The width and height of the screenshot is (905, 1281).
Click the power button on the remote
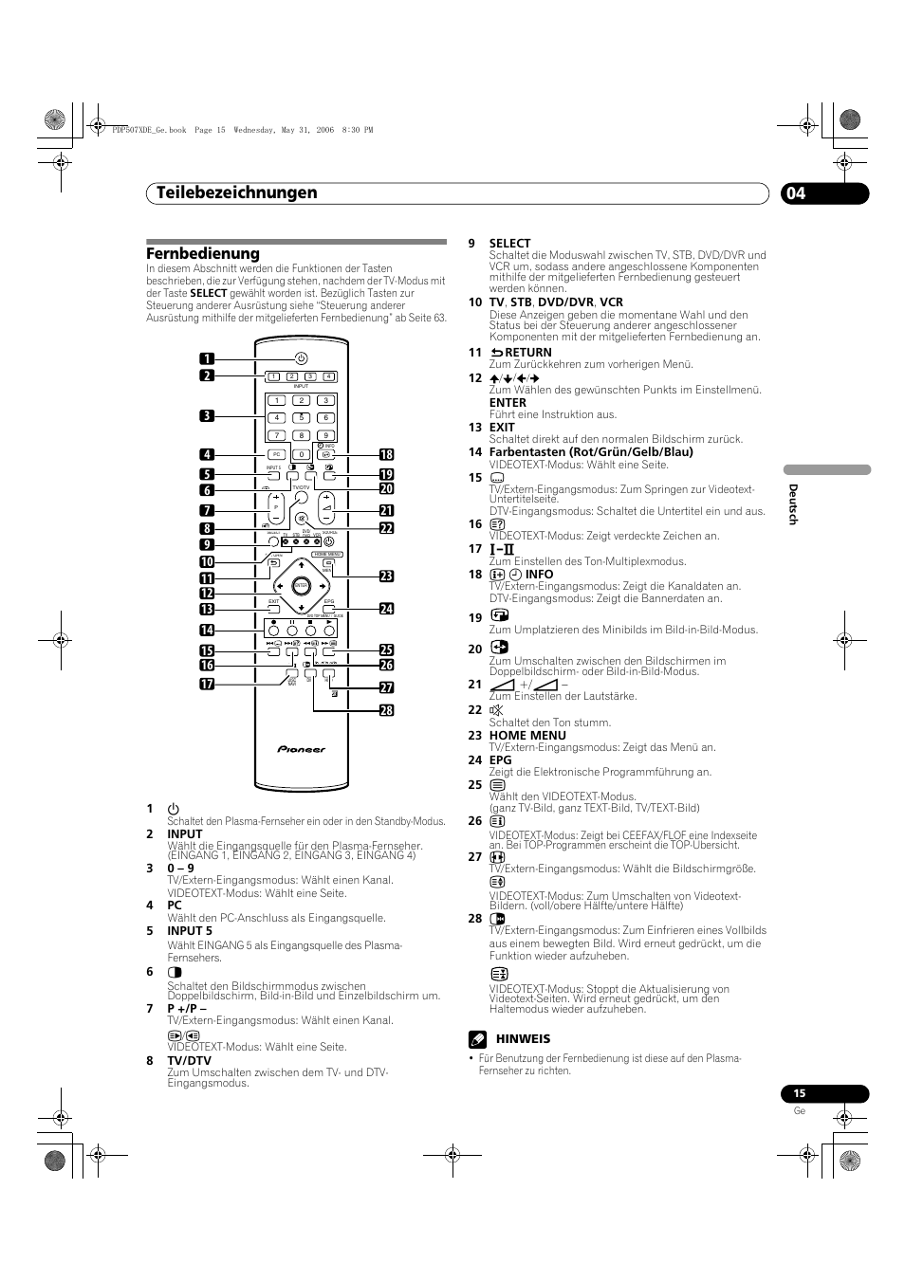click(x=301, y=358)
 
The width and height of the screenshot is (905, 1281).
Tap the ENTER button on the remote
click(x=301, y=587)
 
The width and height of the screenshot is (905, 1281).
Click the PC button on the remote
click(x=276, y=454)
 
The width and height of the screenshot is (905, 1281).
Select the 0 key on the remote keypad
click(x=301, y=454)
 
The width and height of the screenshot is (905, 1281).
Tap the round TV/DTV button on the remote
click(x=301, y=499)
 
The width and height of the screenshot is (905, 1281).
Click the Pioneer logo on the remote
click(x=301, y=749)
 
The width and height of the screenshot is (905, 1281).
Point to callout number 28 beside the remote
click(x=387, y=710)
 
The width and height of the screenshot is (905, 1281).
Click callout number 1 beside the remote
click(x=207, y=358)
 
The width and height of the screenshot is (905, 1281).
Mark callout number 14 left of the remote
click(x=207, y=631)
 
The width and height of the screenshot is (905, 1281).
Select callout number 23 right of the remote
click(x=387, y=576)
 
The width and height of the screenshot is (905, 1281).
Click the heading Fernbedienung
click(x=203, y=254)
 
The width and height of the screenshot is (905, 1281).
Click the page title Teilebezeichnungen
click(x=232, y=192)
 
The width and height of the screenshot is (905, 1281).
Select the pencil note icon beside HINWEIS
click(x=476, y=1039)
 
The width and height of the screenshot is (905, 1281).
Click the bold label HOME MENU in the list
click(x=527, y=735)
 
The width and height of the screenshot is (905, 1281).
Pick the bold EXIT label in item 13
click(x=503, y=427)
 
